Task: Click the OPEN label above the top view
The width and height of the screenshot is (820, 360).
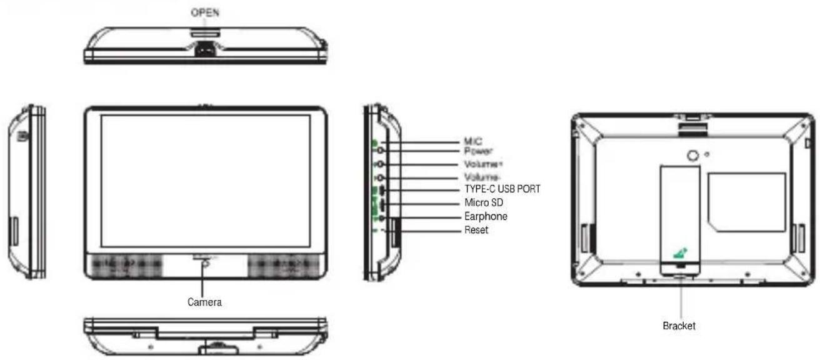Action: point(205,12)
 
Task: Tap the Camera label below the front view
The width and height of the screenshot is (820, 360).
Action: point(204,302)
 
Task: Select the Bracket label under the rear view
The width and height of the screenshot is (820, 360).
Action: point(679,326)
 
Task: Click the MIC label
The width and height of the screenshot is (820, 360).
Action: point(473,141)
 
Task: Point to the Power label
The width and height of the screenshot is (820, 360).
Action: point(478,151)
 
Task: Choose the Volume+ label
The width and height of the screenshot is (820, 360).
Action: point(483,164)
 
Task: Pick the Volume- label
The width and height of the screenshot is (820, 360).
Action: point(482,177)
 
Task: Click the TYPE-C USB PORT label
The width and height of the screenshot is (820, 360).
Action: point(502,189)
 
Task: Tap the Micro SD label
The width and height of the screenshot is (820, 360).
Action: point(484,202)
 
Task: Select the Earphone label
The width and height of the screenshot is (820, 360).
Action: point(486,216)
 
